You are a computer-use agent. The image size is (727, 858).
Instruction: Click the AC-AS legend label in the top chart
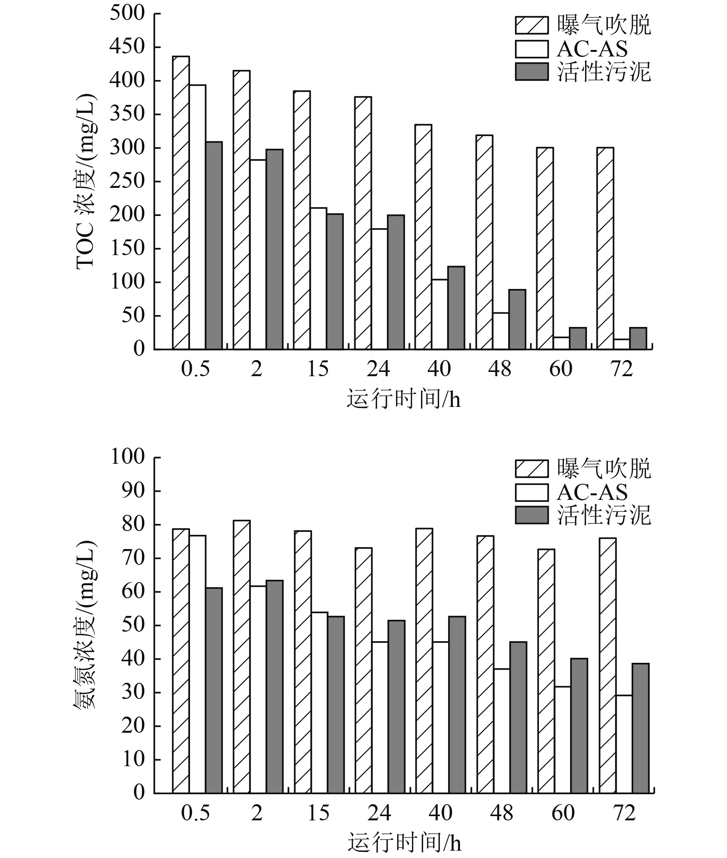592,49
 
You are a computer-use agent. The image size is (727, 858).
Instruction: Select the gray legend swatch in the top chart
532,71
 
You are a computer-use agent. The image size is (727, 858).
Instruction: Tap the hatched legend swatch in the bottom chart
532,468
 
